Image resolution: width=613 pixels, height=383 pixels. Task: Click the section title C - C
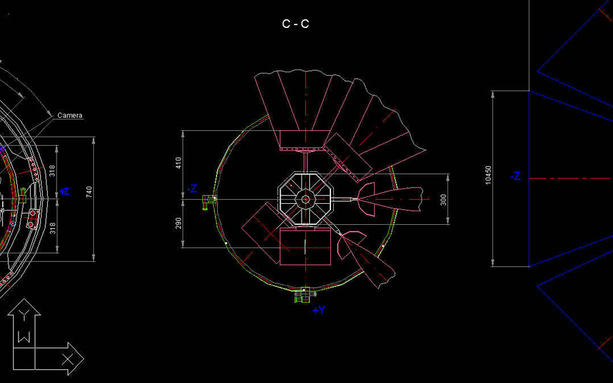[296, 25]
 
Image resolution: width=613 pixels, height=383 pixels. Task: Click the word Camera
[70, 115]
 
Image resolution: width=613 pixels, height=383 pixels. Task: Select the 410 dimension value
[178, 163]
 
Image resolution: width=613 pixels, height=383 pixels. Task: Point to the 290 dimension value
[178, 224]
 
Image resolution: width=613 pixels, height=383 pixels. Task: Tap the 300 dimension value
[443, 200]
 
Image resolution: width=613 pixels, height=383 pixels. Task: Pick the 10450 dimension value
[488, 175]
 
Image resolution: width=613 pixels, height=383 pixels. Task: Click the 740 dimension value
[89, 191]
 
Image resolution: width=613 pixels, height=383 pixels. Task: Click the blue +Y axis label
[319, 310]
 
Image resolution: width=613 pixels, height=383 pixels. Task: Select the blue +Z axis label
[64, 191]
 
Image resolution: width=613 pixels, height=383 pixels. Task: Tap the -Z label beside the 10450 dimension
[516, 177]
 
